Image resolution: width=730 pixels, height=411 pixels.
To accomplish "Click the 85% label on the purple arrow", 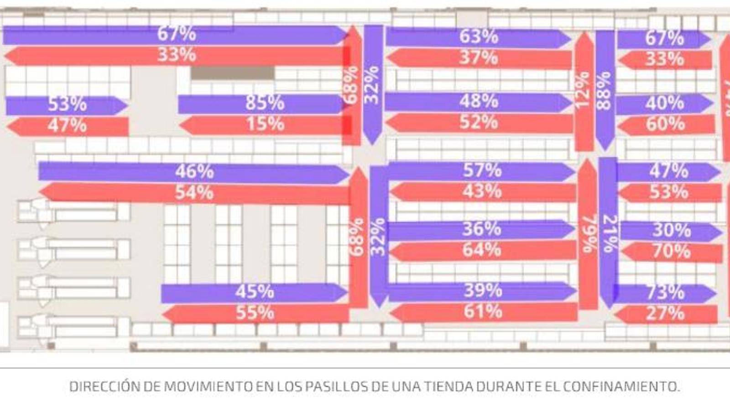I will tap(265, 103).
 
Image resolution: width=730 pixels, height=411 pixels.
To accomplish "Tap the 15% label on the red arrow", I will tap(265, 124).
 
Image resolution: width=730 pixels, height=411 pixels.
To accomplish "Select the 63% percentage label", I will tap(478, 37).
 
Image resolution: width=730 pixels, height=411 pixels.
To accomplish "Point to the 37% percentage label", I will tap(478, 58).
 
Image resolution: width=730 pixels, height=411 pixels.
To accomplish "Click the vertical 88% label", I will tap(604, 90).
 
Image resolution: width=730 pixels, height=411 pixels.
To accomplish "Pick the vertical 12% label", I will tap(583, 90).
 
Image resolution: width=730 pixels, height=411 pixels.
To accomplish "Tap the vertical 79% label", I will tap(589, 234).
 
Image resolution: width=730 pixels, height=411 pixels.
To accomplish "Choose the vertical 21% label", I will tap(609, 234).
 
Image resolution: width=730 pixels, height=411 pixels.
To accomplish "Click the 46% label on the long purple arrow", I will tap(194, 172).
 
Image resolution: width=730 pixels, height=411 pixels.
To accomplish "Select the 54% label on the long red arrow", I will tap(194, 193).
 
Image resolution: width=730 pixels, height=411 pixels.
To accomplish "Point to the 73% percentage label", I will tap(665, 293).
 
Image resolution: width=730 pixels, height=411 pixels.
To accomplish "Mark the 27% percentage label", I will tap(665, 314).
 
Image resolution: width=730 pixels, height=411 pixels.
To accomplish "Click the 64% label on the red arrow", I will tap(482, 250).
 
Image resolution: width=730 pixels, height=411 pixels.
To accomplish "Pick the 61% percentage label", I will tap(483, 312).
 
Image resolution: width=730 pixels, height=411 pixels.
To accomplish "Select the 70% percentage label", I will tap(671, 251).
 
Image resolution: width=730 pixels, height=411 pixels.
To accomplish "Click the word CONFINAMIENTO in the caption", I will tap(621, 386).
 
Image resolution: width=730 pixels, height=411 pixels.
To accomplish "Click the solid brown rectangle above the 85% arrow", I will tap(232, 73).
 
